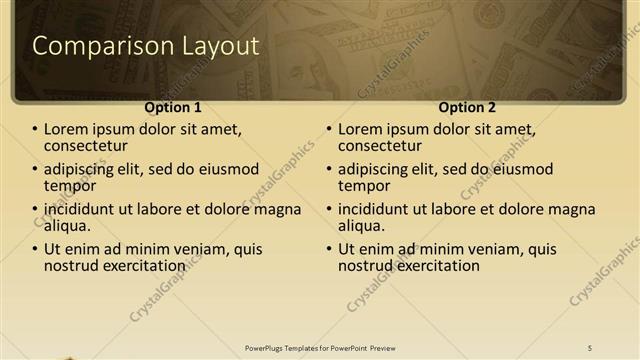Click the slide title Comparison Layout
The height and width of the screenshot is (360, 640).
146,46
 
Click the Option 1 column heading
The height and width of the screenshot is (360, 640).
173,107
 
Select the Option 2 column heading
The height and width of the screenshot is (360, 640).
467,107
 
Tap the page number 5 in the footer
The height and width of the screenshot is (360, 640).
590,347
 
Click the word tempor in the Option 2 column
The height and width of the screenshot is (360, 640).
364,186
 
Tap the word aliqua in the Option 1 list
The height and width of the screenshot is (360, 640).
67,226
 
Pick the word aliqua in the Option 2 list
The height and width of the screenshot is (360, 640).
361,226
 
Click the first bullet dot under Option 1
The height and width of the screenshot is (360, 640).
35,130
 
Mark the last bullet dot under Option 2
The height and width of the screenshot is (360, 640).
329,250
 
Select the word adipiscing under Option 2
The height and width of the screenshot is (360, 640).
379,169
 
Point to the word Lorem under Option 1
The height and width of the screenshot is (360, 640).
66,129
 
